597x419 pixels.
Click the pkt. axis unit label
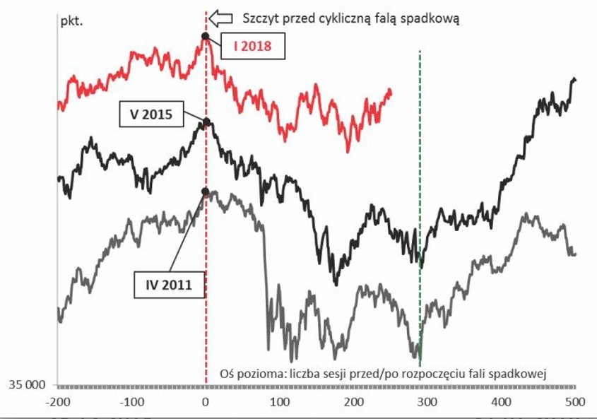[x=71, y=20]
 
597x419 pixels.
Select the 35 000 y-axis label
[x=26, y=386]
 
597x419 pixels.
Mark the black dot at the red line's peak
[x=205, y=35]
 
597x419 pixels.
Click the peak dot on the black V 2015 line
[x=206, y=122]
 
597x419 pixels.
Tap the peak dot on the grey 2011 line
[x=205, y=191]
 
